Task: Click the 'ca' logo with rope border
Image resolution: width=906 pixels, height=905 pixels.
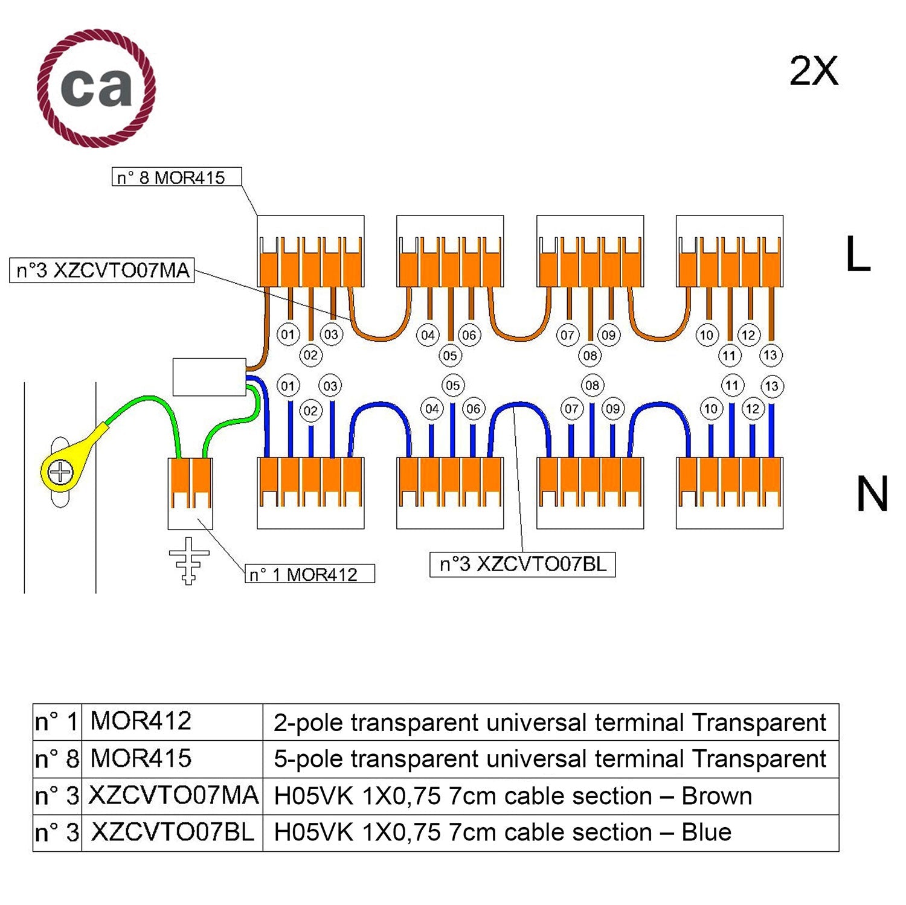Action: point(96,88)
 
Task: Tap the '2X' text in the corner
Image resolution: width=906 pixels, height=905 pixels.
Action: point(814,72)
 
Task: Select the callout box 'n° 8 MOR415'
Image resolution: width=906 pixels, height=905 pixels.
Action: point(176,177)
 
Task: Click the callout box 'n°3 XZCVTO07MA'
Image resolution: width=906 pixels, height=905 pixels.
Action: point(102,270)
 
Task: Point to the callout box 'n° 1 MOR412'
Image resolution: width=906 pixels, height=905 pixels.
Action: point(309,574)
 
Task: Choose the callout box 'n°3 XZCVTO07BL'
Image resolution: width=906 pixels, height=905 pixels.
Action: point(522,564)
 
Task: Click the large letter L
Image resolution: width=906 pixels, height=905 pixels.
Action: point(857,254)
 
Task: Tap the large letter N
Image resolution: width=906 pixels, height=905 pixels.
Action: point(872,494)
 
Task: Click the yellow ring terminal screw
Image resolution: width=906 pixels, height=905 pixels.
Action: point(60,472)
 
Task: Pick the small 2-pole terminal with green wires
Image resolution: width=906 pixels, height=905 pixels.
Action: point(190,493)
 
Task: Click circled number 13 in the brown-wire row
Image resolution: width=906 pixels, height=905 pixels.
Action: point(770,355)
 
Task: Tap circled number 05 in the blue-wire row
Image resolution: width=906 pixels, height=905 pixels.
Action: point(452,385)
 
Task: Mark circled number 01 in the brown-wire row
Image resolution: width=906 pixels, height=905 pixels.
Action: point(288,334)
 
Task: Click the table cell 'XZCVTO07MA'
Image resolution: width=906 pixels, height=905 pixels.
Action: point(173,796)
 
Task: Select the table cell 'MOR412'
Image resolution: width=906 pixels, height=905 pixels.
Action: point(141,721)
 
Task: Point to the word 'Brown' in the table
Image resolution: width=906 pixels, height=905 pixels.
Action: point(716,796)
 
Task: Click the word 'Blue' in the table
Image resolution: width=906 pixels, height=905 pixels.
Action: point(706,833)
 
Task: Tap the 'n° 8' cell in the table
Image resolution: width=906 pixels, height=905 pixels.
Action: point(57,759)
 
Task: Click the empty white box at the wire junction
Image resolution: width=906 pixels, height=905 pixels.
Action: point(209,377)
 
